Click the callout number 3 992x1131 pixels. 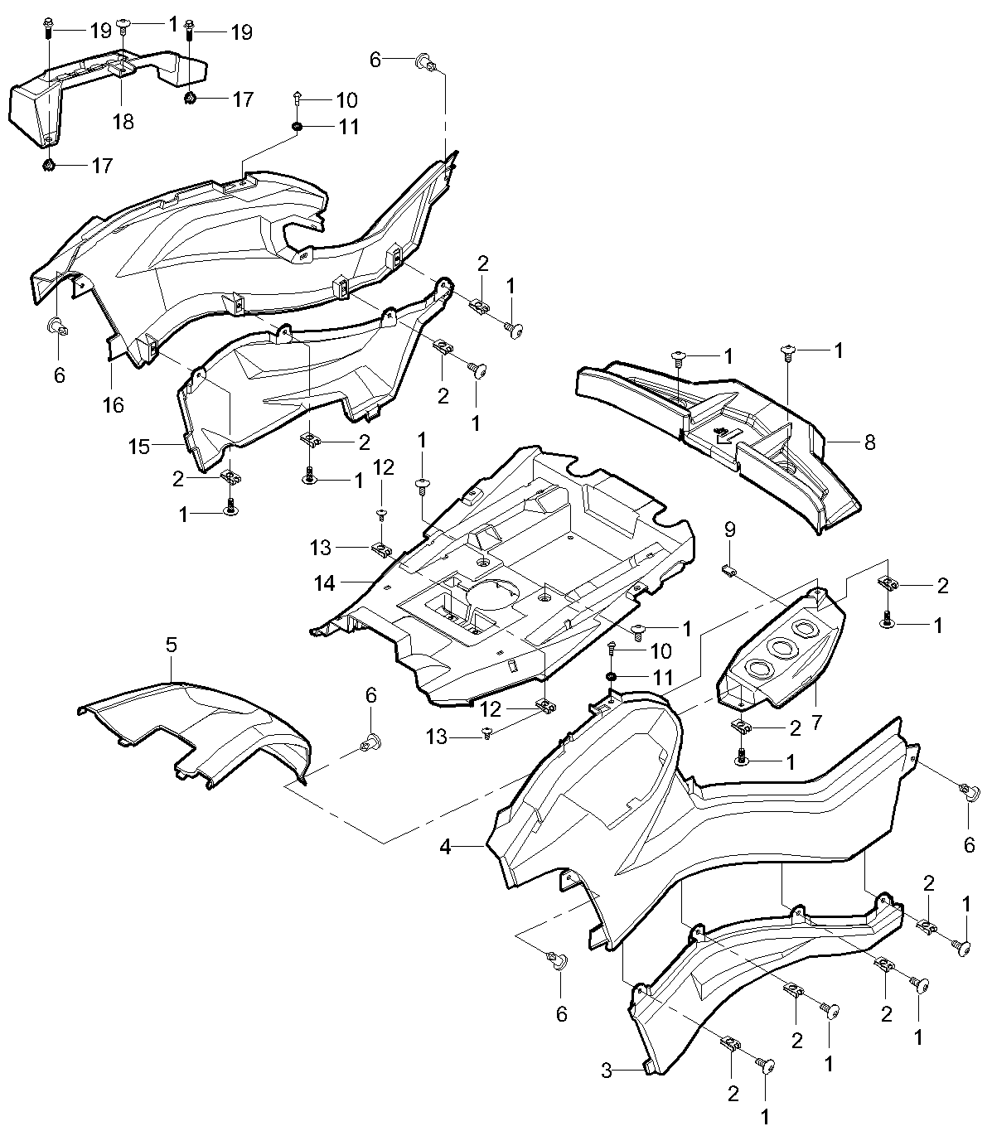pos(607,1071)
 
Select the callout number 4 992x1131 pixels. pos(446,847)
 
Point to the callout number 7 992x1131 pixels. pos(816,723)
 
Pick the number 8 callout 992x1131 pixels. pos(869,442)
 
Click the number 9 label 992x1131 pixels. pos(729,529)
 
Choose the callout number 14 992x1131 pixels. pos(325,583)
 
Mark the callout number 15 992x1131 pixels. pos(139,447)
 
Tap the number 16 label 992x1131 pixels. pos(113,404)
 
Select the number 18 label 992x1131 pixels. pos(123,122)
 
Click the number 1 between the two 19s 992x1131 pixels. pos(172,24)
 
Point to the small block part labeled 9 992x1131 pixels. pos(728,569)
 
